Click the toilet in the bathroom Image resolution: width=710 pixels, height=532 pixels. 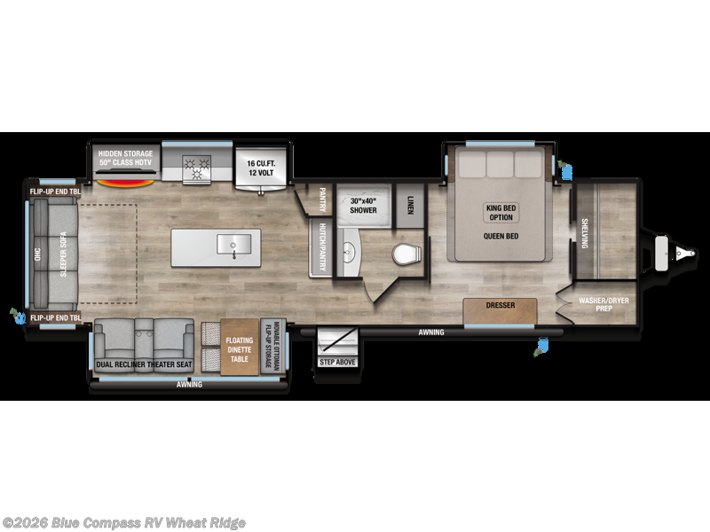tap(406, 254)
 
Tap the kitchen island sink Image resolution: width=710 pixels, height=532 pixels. tap(233, 243)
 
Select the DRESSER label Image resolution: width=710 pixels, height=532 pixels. tap(500, 306)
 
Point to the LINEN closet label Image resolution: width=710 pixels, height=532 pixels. tap(410, 206)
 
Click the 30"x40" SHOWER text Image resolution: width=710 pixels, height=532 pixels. tap(363, 204)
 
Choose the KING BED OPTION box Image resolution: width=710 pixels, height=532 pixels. tap(500, 213)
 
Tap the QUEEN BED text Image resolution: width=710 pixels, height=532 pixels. tap(501, 235)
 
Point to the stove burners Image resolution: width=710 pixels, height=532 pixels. tap(195, 164)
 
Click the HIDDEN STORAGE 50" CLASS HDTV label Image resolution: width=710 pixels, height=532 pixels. tap(126, 158)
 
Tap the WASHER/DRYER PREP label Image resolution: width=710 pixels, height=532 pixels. tap(604, 305)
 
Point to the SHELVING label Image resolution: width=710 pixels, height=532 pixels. tap(584, 232)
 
